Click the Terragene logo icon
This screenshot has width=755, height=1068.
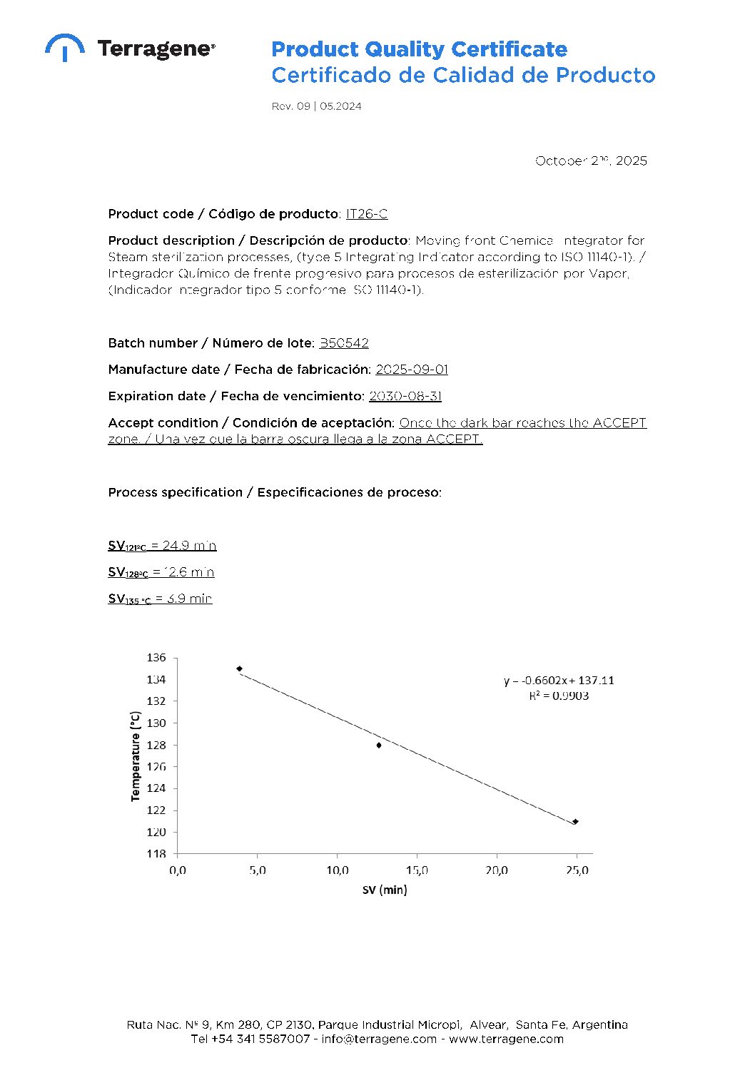[64, 46]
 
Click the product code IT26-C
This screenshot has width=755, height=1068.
[367, 214]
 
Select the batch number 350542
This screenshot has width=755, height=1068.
[344, 343]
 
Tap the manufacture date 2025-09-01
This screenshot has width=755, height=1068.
[412, 370]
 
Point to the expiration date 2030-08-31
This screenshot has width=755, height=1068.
[405, 396]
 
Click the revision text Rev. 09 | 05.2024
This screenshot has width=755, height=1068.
[316, 106]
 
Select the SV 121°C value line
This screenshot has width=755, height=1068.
[162, 546]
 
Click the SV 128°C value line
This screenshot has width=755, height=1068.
[161, 572]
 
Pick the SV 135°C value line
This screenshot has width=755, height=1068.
[160, 599]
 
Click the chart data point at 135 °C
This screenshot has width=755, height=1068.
[239, 668]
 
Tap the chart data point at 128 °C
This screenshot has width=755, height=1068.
[379, 745]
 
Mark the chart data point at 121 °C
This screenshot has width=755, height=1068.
[575, 821]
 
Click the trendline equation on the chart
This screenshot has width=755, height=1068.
[559, 681]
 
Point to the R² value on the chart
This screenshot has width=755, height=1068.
[559, 696]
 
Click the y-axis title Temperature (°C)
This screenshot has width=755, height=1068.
[136, 756]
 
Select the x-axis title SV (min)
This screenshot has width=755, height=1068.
[385, 890]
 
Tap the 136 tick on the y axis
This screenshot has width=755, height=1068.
[156, 658]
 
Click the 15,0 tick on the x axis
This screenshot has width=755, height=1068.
[417, 870]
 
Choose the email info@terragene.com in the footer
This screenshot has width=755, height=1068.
[379, 1039]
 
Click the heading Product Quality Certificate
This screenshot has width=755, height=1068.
[419, 49]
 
